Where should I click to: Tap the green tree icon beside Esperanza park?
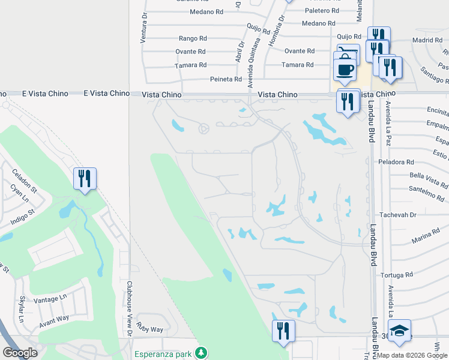point(204,352)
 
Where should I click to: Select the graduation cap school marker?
point(399,332)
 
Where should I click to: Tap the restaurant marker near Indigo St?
point(85,178)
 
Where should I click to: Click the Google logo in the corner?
point(20,353)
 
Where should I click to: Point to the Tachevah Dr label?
point(397,215)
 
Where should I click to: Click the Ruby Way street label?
point(149,329)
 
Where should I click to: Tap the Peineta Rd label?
point(226,79)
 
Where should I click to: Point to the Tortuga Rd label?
point(397,275)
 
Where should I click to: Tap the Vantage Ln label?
point(50,299)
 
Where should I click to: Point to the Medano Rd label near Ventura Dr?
point(206,11)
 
